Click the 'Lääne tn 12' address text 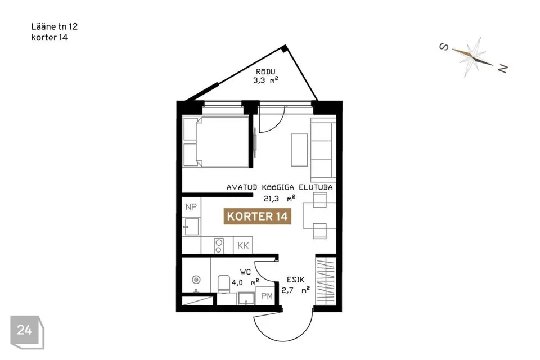(54, 26)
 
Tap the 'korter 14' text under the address (49, 38)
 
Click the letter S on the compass (444, 47)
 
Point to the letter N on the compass (502, 69)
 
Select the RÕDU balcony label (265, 71)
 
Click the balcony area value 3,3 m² (265, 80)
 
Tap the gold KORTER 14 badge (257, 217)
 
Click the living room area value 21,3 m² (280, 198)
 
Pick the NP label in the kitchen (191, 206)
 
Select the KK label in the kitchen (243, 245)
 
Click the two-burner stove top (218, 245)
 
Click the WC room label (246, 272)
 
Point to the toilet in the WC (223, 284)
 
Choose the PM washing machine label (267, 296)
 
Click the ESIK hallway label (295, 280)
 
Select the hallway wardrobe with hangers (326, 281)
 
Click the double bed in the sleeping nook (215, 142)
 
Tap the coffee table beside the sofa (299, 150)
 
